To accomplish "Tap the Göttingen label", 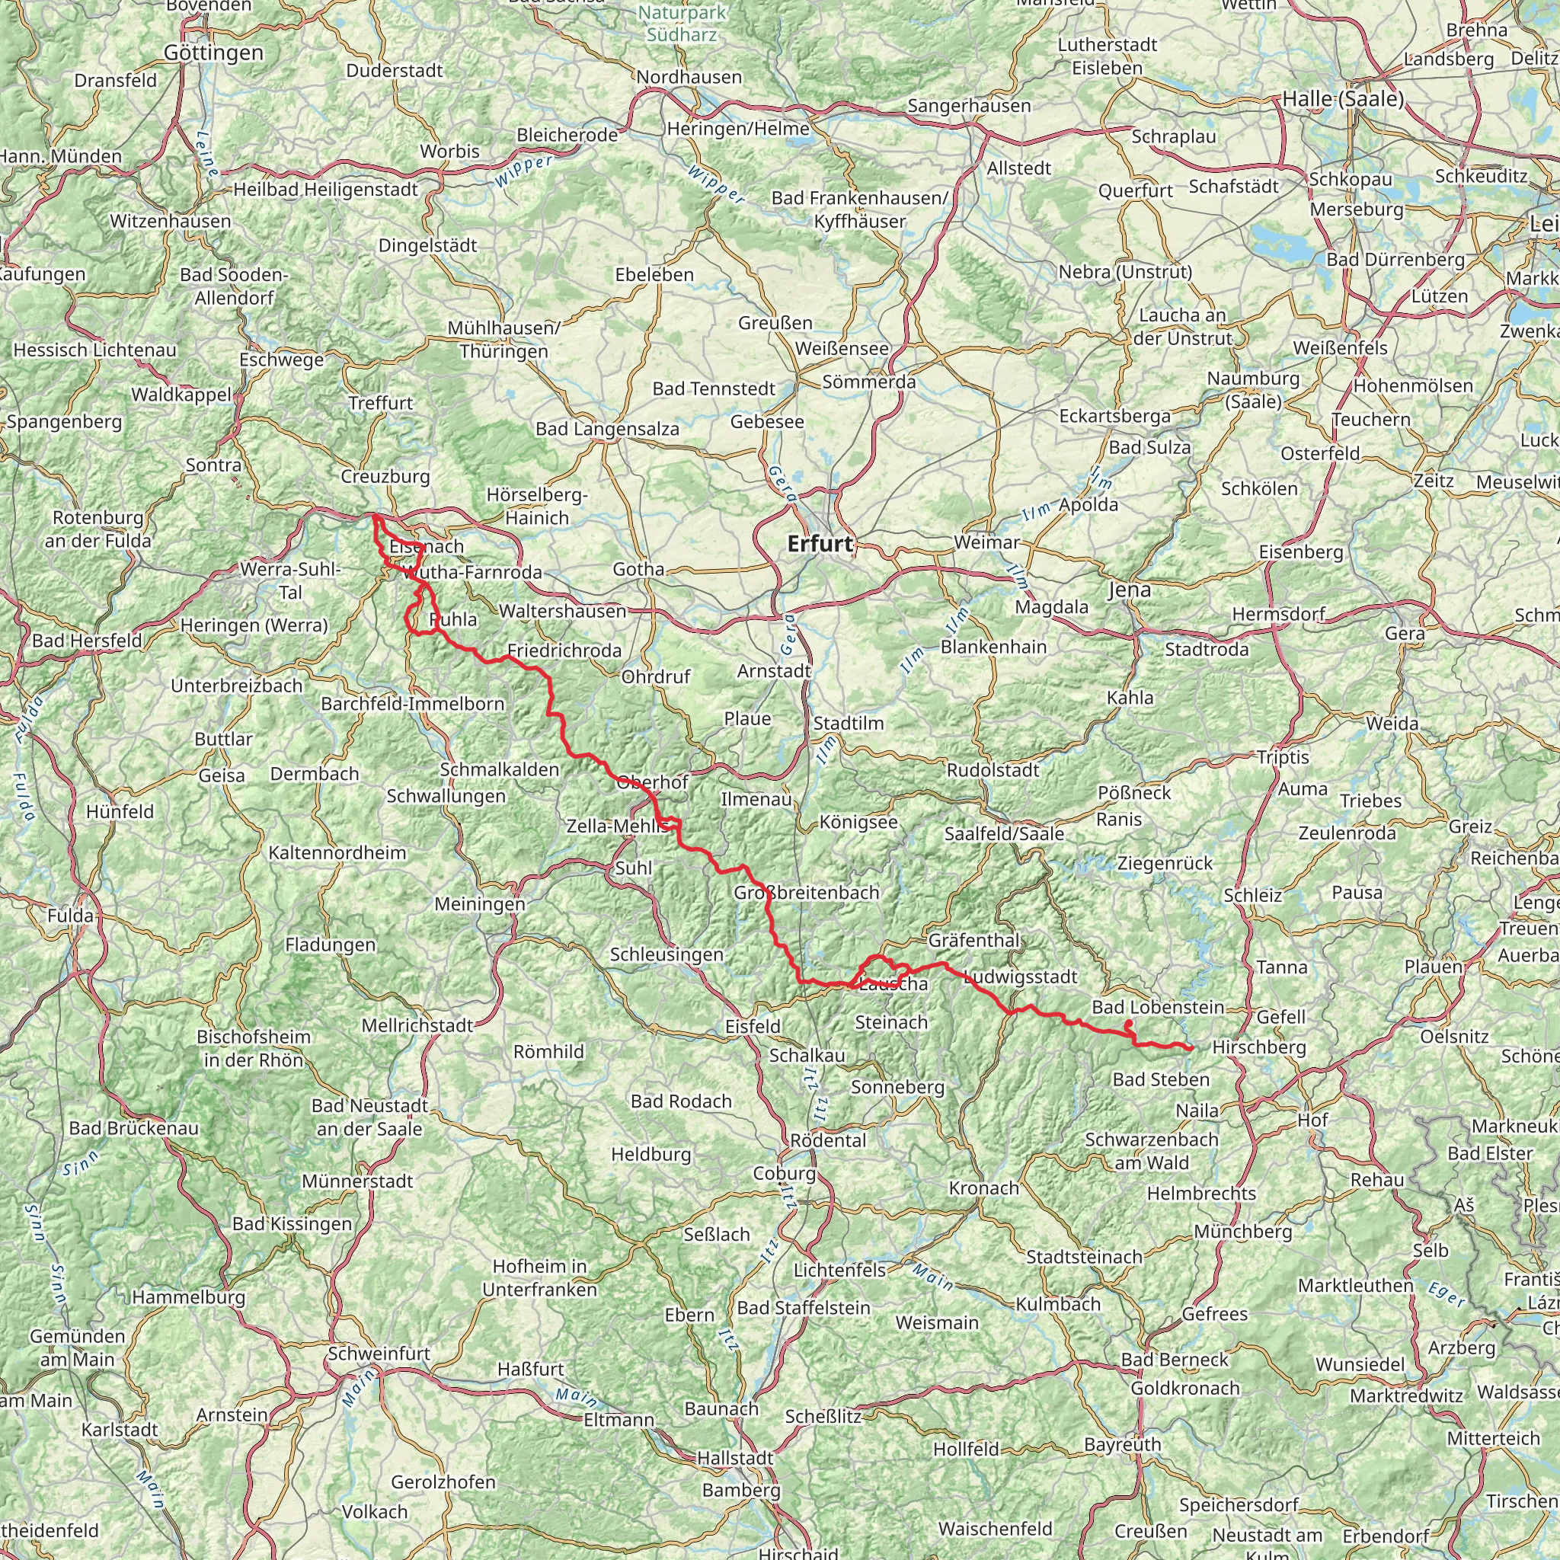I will point(213,53).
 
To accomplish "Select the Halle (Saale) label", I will point(1343,98).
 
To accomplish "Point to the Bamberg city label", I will point(741,1490).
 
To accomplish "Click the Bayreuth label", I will point(1122,1443).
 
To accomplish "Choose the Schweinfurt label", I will point(379,1353).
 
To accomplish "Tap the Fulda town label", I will point(70,916).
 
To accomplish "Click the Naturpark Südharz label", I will point(682,24).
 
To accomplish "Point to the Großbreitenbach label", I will point(806,892).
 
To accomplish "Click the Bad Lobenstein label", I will point(1158,1007).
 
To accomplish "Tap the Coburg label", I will point(784,1172).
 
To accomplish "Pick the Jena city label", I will point(1129,590).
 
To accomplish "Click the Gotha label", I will point(638,568).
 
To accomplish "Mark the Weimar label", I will point(986,542).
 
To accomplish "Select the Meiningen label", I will point(480,903).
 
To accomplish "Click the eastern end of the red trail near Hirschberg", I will point(1192,1048).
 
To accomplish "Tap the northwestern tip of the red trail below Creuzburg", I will point(374,515).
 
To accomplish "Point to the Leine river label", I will point(206,153).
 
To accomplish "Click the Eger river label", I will point(1445,1295).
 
